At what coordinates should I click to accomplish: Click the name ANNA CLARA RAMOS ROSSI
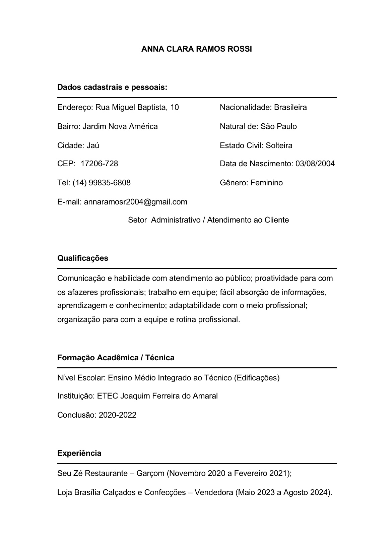[x=196, y=49]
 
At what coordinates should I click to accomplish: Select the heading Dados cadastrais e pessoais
[x=112, y=87]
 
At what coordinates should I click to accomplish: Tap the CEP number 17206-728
[x=100, y=164]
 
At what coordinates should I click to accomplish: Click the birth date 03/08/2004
[x=315, y=164]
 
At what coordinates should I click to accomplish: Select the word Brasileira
[x=290, y=107]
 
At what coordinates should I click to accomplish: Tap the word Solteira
[x=279, y=145]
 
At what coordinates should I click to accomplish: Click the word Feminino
[x=267, y=183]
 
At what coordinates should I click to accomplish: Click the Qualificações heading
[x=83, y=258]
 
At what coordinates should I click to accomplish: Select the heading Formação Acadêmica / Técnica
[x=116, y=358]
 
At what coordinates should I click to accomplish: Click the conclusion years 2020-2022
[x=118, y=415]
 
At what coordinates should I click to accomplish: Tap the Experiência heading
[x=79, y=453]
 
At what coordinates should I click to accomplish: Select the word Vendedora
[x=213, y=492]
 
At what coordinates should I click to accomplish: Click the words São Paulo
[x=279, y=126]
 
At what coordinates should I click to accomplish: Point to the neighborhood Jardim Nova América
[x=120, y=126]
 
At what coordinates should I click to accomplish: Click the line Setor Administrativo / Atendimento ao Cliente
[x=208, y=220]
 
